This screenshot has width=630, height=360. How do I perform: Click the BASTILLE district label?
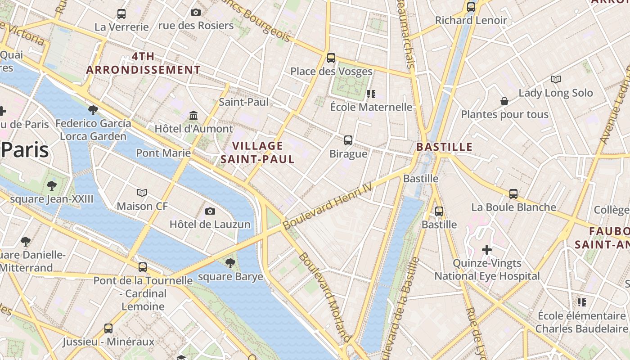point(444,147)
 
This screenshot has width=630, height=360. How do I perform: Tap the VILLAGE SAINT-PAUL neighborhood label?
point(258,152)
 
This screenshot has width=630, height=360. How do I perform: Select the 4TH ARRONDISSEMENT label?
point(143,63)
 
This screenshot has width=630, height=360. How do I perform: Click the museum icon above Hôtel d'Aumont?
point(193,116)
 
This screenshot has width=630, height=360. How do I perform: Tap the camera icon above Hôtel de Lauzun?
point(210,211)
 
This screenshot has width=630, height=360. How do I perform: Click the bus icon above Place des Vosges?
point(331,58)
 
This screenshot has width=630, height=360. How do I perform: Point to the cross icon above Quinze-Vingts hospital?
point(486,249)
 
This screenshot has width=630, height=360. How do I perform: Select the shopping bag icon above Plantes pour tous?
point(504,101)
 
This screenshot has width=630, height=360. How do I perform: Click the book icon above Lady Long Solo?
point(556,80)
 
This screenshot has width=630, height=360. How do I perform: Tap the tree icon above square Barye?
point(230,263)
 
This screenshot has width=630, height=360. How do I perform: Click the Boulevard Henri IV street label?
point(328,207)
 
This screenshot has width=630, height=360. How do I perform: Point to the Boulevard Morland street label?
point(324,297)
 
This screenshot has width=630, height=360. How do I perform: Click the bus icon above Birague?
point(348,140)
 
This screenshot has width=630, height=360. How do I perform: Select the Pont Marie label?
point(163,153)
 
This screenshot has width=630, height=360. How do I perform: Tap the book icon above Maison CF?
point(142,193)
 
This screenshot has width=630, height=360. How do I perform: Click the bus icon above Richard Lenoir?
point(471,7)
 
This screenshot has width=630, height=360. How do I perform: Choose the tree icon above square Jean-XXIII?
point(52,185)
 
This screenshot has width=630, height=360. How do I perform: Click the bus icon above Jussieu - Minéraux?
point(108,328)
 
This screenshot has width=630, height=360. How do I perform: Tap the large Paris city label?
point(25,150)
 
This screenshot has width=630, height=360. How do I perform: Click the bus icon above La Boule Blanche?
point(513,194)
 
